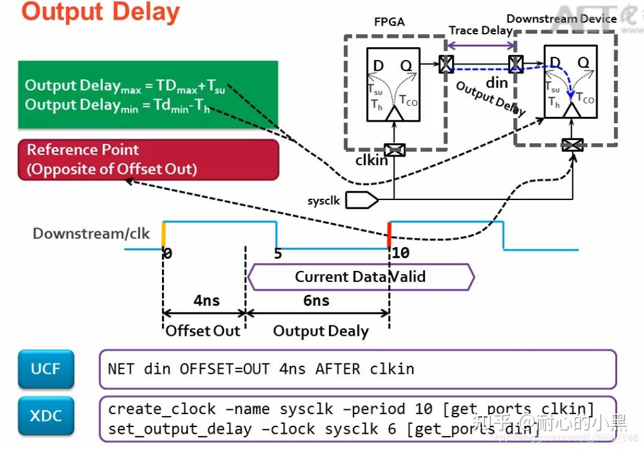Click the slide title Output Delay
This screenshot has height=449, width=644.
coord(101,12)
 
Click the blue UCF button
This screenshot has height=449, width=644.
coord(46,369)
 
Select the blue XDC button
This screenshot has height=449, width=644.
coord(46,417)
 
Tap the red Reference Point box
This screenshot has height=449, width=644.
coord(148,160)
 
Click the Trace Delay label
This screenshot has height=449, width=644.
coord(480,31)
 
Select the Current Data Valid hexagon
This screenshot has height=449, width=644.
coord(361,276)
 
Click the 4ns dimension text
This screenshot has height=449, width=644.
coord(206,300)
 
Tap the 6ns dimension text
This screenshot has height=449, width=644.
coord(316,300)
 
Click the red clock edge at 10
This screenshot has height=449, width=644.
coord(389,236)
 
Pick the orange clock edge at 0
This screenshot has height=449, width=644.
coord(163,235)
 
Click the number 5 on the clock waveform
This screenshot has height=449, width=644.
coord(278,253)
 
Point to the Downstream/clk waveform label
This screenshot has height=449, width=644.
coord(91,234)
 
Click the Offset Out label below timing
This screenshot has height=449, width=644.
coord(203,331)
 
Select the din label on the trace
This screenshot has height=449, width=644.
coord(497,82)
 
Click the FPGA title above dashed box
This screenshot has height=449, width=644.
coord(389,23)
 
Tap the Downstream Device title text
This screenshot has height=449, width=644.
coord(561,19)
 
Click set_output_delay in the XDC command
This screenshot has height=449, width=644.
coord(180,429)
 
